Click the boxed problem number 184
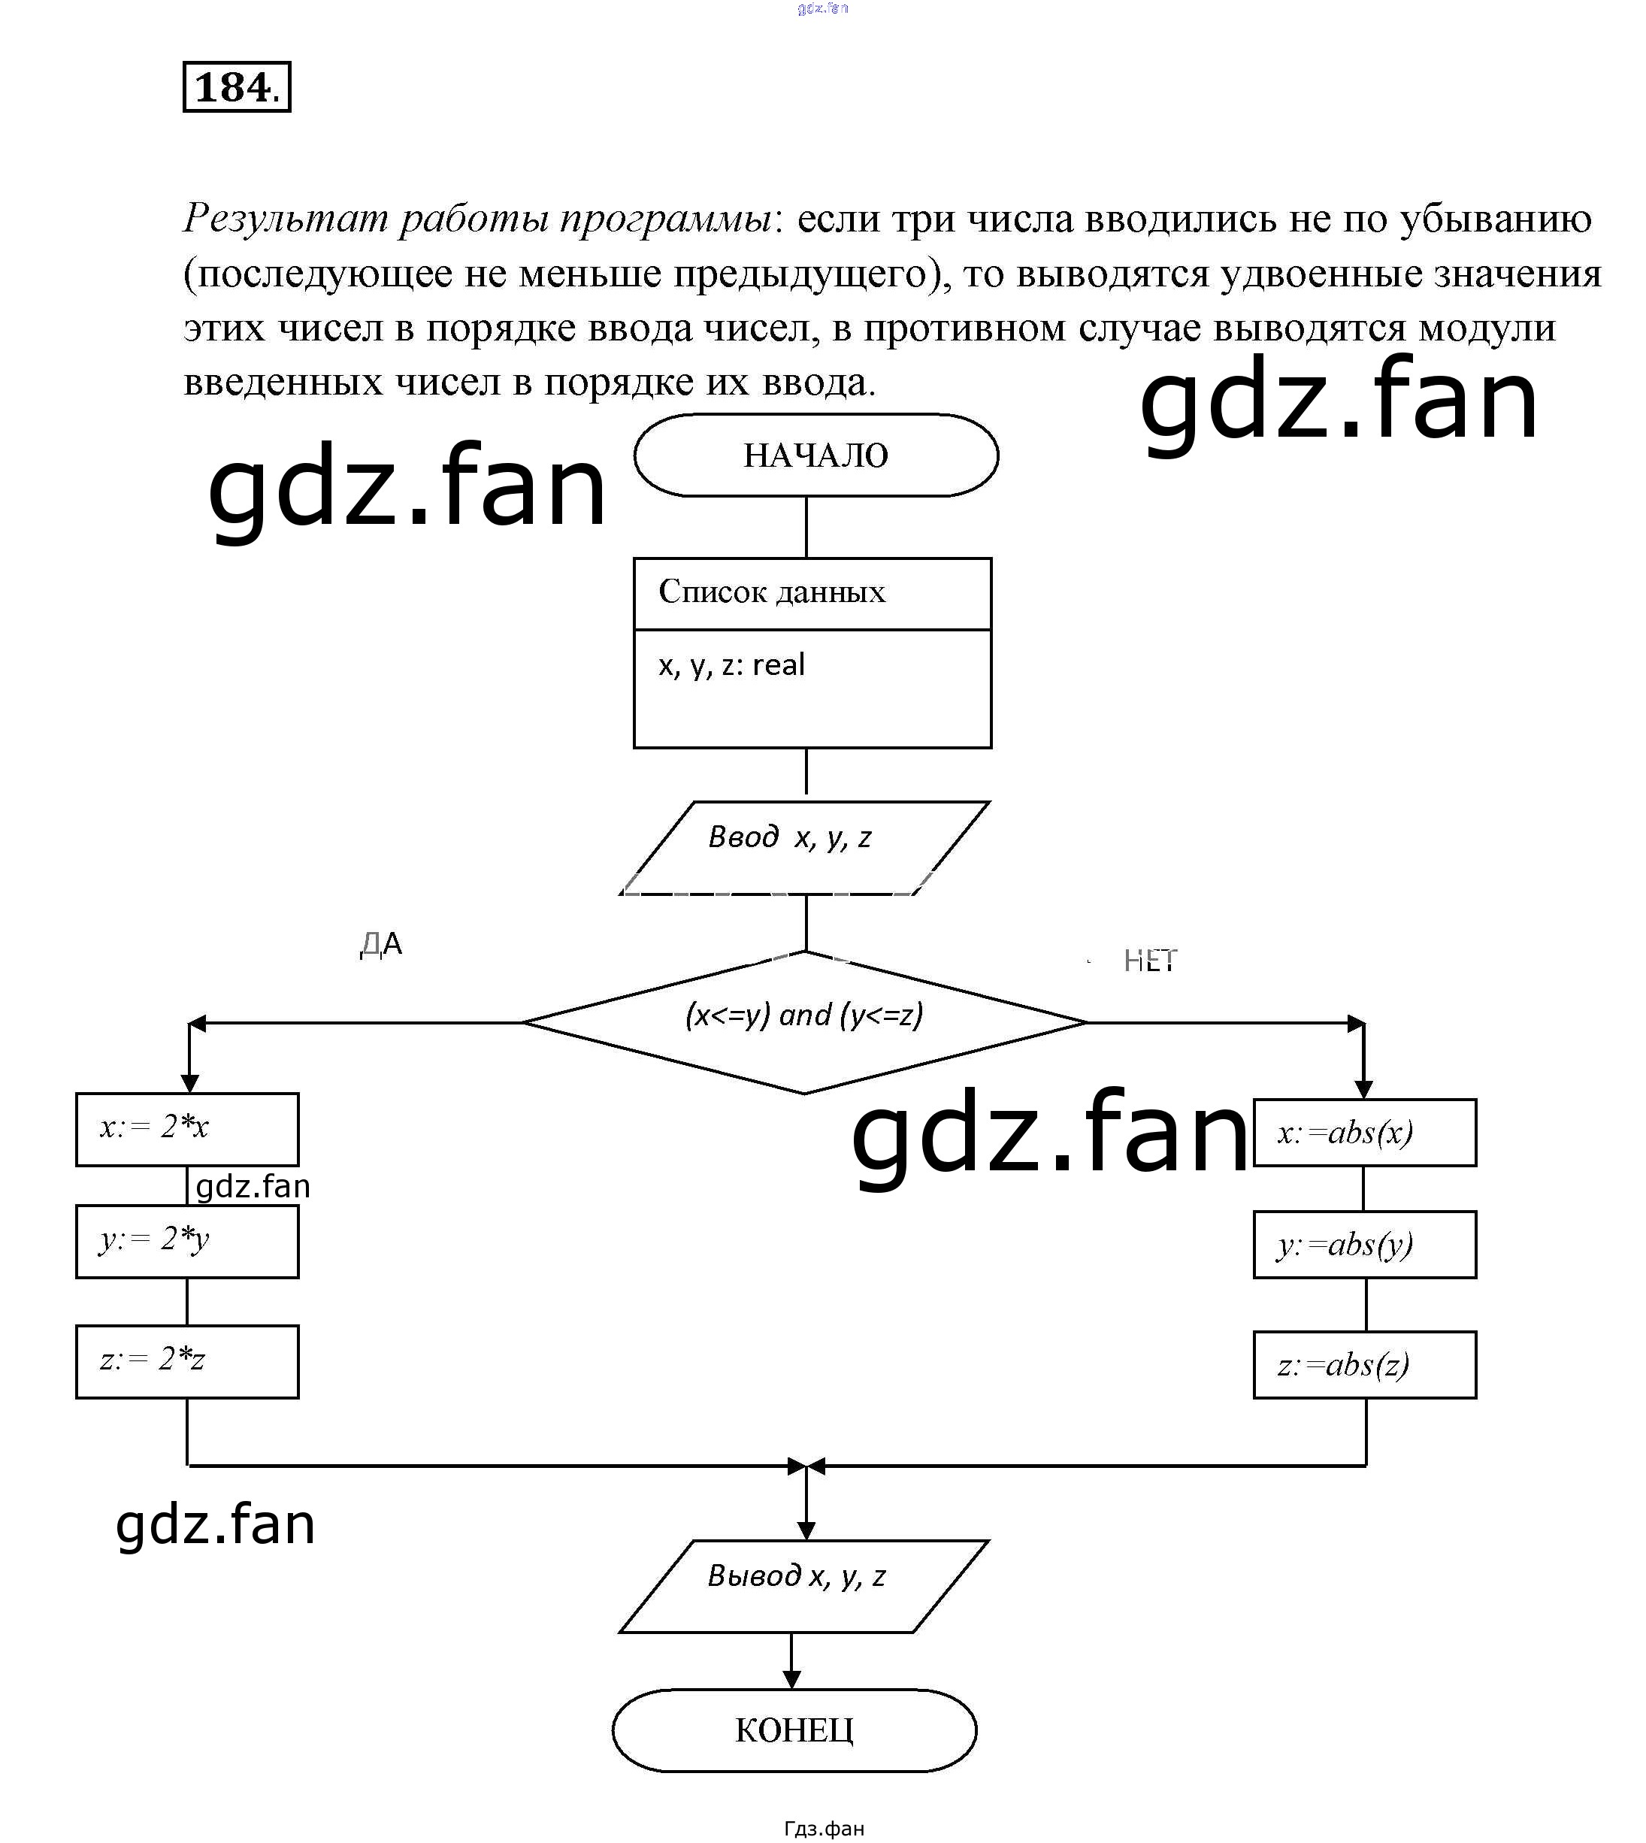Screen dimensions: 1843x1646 coord(237,87)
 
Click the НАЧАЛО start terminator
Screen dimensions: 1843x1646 coord(815,455)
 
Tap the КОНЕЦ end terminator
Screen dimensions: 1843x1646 coord(794,1730)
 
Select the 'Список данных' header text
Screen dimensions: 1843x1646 coord(771,592)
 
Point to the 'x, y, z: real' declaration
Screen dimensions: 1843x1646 coord(731,664)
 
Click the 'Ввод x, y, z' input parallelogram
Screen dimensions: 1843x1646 coord(804,847)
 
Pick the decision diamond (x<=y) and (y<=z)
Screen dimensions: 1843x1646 coord(805,1022)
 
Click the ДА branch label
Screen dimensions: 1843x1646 coord(381,944)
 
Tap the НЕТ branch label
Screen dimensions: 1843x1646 coord(1149,961)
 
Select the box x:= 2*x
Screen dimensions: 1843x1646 coord(187,1129)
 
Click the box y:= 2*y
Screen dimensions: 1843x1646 coord(187,1241)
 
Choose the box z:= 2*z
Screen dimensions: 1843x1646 coord(187,1361)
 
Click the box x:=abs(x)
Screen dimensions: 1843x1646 coord(1364,1132)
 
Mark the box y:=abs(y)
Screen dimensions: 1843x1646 coord(1364,1245)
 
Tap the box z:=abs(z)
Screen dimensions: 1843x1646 coord(1364,1365)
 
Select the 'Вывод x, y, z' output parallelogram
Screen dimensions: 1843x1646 coord(804,1586)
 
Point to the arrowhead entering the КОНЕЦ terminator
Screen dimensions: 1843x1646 coord(791,1680)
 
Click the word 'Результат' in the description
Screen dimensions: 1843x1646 coord(286,219)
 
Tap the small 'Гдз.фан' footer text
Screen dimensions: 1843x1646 coord(824,1829)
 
